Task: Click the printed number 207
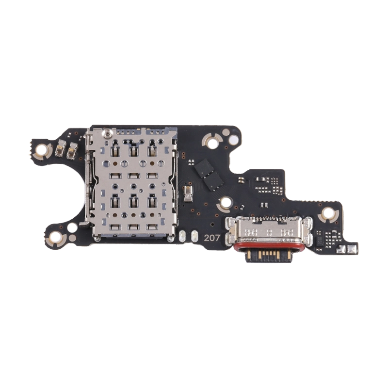(x=212, y=238)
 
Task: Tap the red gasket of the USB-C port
(x=269, y=246)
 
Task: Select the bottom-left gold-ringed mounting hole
(x=55, y=237)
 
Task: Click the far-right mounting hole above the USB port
(x=328, y=213)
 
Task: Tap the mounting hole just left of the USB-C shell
(x=226, y=203)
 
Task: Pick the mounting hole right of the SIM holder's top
(x=212, y=142)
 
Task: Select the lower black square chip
(x=213, y=181)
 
